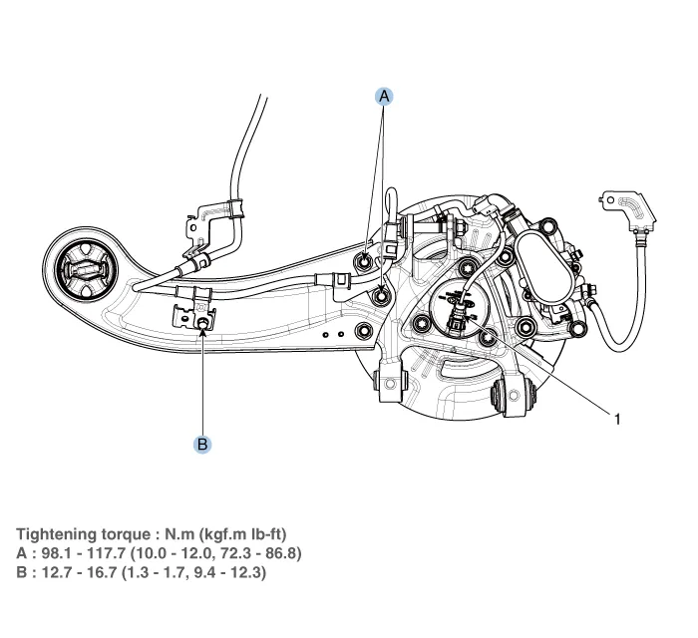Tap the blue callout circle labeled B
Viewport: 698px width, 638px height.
[x=202, y=444]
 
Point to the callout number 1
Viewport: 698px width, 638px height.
[x=617, y=420]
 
